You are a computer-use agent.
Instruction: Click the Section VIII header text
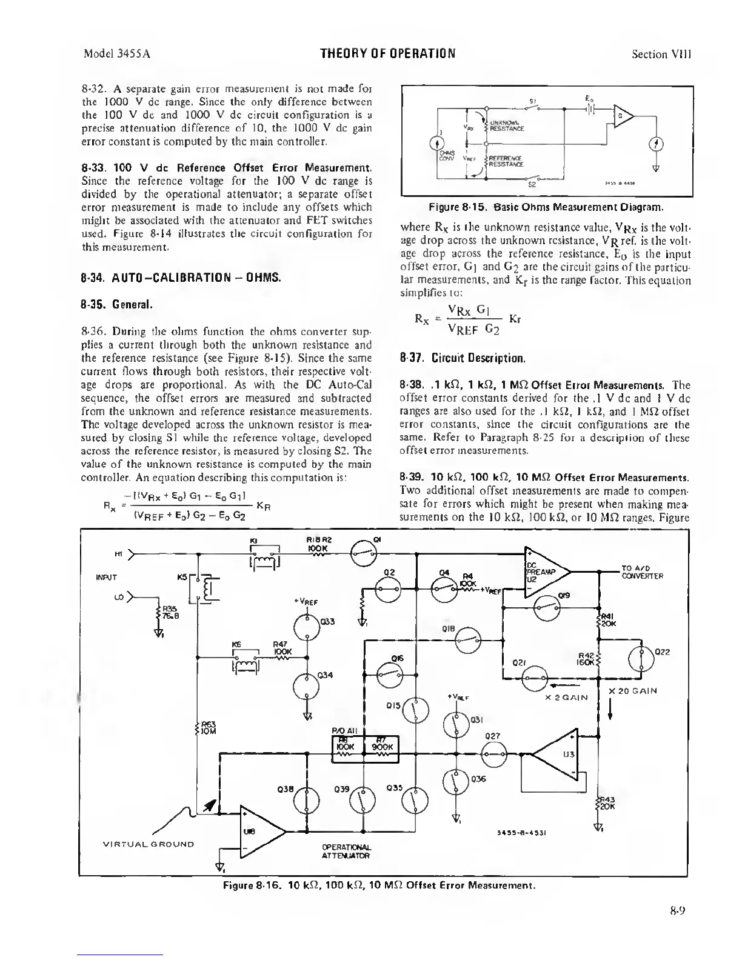coord(661,54)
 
